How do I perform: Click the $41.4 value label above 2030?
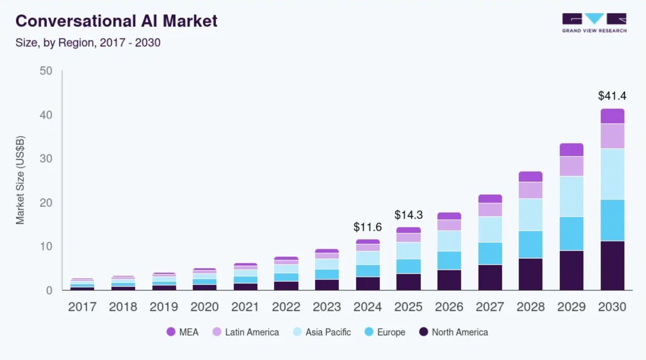pyautogui.click(x=612, y=96)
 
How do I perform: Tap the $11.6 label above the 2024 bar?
pyautogui.click(x=368, y=227)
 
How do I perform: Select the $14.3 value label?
pyautogui.click(x=408, y=215)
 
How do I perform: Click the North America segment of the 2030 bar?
pyautogui.click(x=613, y=265)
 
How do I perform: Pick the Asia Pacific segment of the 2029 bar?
pyautogui.click(x=572, y=196)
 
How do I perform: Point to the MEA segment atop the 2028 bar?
pyautogui.click(x=531, y=176)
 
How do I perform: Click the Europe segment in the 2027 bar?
pyautogui.click(x=490, y=253)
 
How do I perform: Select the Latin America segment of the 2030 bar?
pyautogui.click(x=613, y=136)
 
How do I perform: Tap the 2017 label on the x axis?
pyautogui.click(x=82, y=307)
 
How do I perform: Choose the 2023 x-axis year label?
pyautogui.click(x=327, y=307)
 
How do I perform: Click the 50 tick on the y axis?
pyautogui.click(x=46, y=71)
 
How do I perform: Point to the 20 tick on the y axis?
pyautogui.click(x=46, y=203)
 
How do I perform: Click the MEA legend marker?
pyautogui.click(x=171, y=332)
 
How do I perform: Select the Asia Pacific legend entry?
pyautogui.click(x=322, y=332)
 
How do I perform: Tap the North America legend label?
pyautogui.click(x=460, y=332)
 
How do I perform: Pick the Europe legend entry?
pyautogui.click(x=385, y=332)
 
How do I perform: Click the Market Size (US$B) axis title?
pyautogui.click(x=20, y=180)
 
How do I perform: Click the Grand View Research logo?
pyautogui.click(x=594, y=23)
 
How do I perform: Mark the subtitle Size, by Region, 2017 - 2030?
pyautogui.click(x=88, y=43)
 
